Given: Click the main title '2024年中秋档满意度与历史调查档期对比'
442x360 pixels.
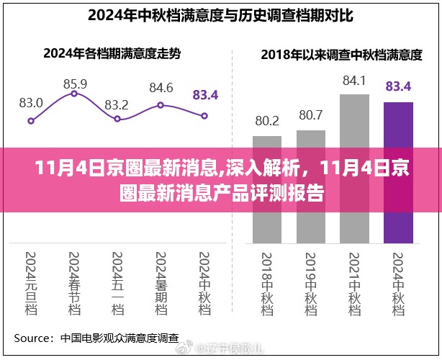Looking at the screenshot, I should [x=221, y=15].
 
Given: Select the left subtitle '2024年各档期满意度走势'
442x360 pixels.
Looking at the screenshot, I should [x=111, y=53].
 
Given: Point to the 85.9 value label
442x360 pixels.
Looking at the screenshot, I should [x=75, y=84].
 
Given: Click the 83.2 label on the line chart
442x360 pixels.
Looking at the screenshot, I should [x=117, y=104].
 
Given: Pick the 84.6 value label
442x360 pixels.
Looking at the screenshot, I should [x=161, y=89].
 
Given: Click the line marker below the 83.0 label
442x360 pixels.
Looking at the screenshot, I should [x=31, y=121].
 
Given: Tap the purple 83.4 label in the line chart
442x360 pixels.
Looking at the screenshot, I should [x=205, y=94].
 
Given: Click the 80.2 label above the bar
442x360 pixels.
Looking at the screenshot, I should [x=267, y=120].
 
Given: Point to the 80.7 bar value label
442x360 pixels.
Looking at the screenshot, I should [x=311, y=114].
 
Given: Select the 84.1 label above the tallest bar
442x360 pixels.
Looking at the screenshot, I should [x=354, y=80].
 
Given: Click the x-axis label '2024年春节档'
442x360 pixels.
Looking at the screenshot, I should [x=75, y=282].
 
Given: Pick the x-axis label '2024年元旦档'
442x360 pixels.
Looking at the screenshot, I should [x=31, y=282].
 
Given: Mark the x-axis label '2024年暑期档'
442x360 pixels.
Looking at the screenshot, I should [x=161, y=282].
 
